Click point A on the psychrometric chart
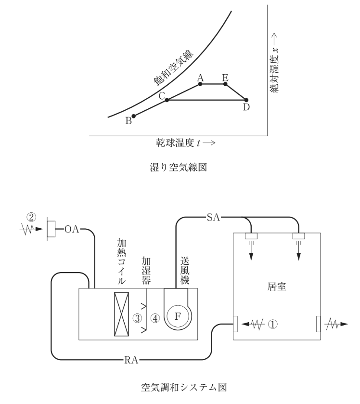pyautogui.click(x=200, y=84)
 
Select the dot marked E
pyautogui.click(x=225, y=84)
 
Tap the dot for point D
pyautogui.click(x=246, y=100)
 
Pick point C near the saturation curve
pyautogui.click(x=167, y=100)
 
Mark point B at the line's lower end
pyautogui.click(x=134, y=116)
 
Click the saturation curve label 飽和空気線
pyautogui.click(x=174, y=68)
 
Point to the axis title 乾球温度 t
pyautogui.click(x=179, y=143)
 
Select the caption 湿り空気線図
pyautogui.click(x=179, y=167)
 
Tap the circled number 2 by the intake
pyautogui.click(x=31, y=217)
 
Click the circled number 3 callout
pyautogui.click(x=137, y=318)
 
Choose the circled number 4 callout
pyautogui.click(x=155, y=318)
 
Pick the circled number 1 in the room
pyautogui.click(x=273, y=324)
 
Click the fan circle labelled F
pyautogui.click(x=178, y=316)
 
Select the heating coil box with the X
pyautogui.click(x=122, y=314)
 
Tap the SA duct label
pyautogui.click(x=214, y=218)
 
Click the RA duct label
pyautogui.click(x=131, y=360)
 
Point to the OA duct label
pyautogui.click(x=72, y=229)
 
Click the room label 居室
pyautogui.click(x=277, y=287)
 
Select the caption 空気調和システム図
pyautogui.click(x=184, y=387)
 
